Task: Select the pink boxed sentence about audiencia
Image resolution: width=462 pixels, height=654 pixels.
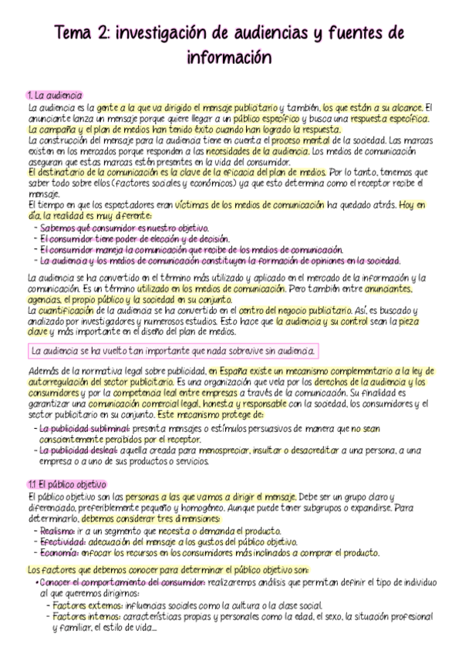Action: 172,351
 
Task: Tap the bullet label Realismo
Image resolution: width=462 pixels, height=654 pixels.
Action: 57,531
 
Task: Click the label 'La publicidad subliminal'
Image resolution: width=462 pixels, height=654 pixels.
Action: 83,427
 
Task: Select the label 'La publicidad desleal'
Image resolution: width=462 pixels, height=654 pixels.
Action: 79,449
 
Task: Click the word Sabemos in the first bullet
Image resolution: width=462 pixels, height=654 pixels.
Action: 56,228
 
